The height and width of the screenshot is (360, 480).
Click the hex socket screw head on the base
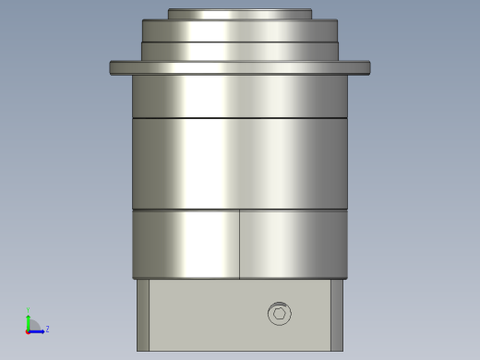pyautogui.click(x=280, y=314)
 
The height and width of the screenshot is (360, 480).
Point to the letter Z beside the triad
pyautogui.click(x=47, y=329)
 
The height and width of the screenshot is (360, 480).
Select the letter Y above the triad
pyautogui.click(x=28, y=310)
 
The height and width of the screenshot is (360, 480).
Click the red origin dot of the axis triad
pyautogui.click(x=28, y=330)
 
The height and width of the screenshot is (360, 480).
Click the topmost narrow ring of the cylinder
pyautogui.click(x=240, y=14)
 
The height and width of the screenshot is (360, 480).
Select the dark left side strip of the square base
pyautogui.click(x=143, y=315)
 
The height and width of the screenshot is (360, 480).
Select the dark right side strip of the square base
pyautogui.click(x=337, y=315)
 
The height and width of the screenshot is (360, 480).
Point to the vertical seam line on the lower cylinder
pyautogui.click(x=240, y=244)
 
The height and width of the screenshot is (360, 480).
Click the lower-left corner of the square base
pyautogui.click(x=138, y=349)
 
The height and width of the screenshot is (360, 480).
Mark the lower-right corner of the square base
pyautogui.click(x=342, y=349)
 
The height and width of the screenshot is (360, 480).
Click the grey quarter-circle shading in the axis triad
pyautogui.click(x=32, y=325)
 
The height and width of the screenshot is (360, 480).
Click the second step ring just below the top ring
pyautogui.click(x=240, y=30)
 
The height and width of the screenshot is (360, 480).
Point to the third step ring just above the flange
pyautogui.click(x=240, y=51)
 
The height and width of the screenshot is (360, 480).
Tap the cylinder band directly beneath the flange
pyautogui.click(x=240, y=96)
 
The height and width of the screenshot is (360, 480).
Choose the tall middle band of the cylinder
pyautogui.click(x=240, y=163)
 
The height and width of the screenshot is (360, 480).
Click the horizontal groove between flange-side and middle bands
pyautogui.click(x=240, y=118)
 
